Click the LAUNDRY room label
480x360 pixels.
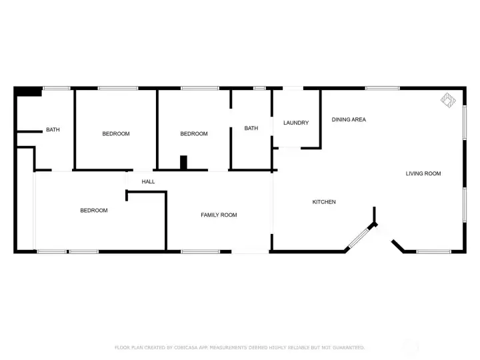tap(296, 123)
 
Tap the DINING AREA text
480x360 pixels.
tap(349, 120)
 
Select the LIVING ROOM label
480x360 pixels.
tap(423, 174)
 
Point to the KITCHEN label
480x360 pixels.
tap(325, 202)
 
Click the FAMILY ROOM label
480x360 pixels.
tap(219, 215)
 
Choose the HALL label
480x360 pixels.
tap(148, 181)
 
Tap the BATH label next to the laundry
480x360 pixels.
tap(251, 129)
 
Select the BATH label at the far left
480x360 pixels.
tap(53, 130)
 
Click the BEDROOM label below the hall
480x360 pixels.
tap(94, 211)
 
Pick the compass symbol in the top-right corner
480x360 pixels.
tap(447, 101)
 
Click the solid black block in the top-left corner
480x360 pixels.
tap(28, 92)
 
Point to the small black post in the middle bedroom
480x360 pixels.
tap(185, 163)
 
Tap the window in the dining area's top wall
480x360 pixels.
tap(382, 88)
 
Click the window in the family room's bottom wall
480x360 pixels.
tap(200, 251)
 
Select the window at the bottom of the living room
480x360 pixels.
tap(433, 251)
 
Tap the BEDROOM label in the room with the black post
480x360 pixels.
tap(194, 134)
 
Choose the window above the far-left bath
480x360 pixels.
tap(57, 88)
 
